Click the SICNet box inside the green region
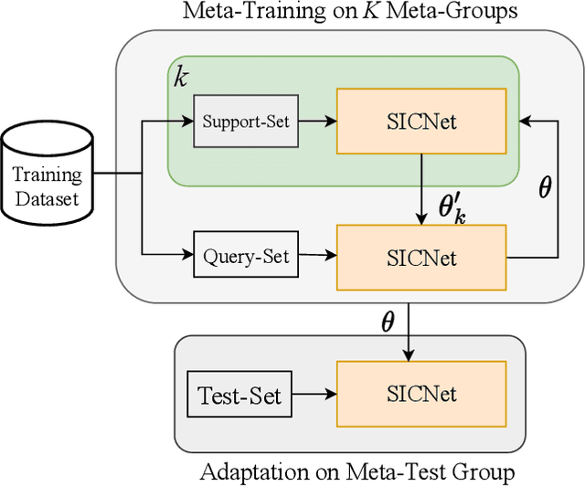420,121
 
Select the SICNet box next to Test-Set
421,395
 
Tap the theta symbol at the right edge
546,189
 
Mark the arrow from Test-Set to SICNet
312,396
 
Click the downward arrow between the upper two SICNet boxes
421,188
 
